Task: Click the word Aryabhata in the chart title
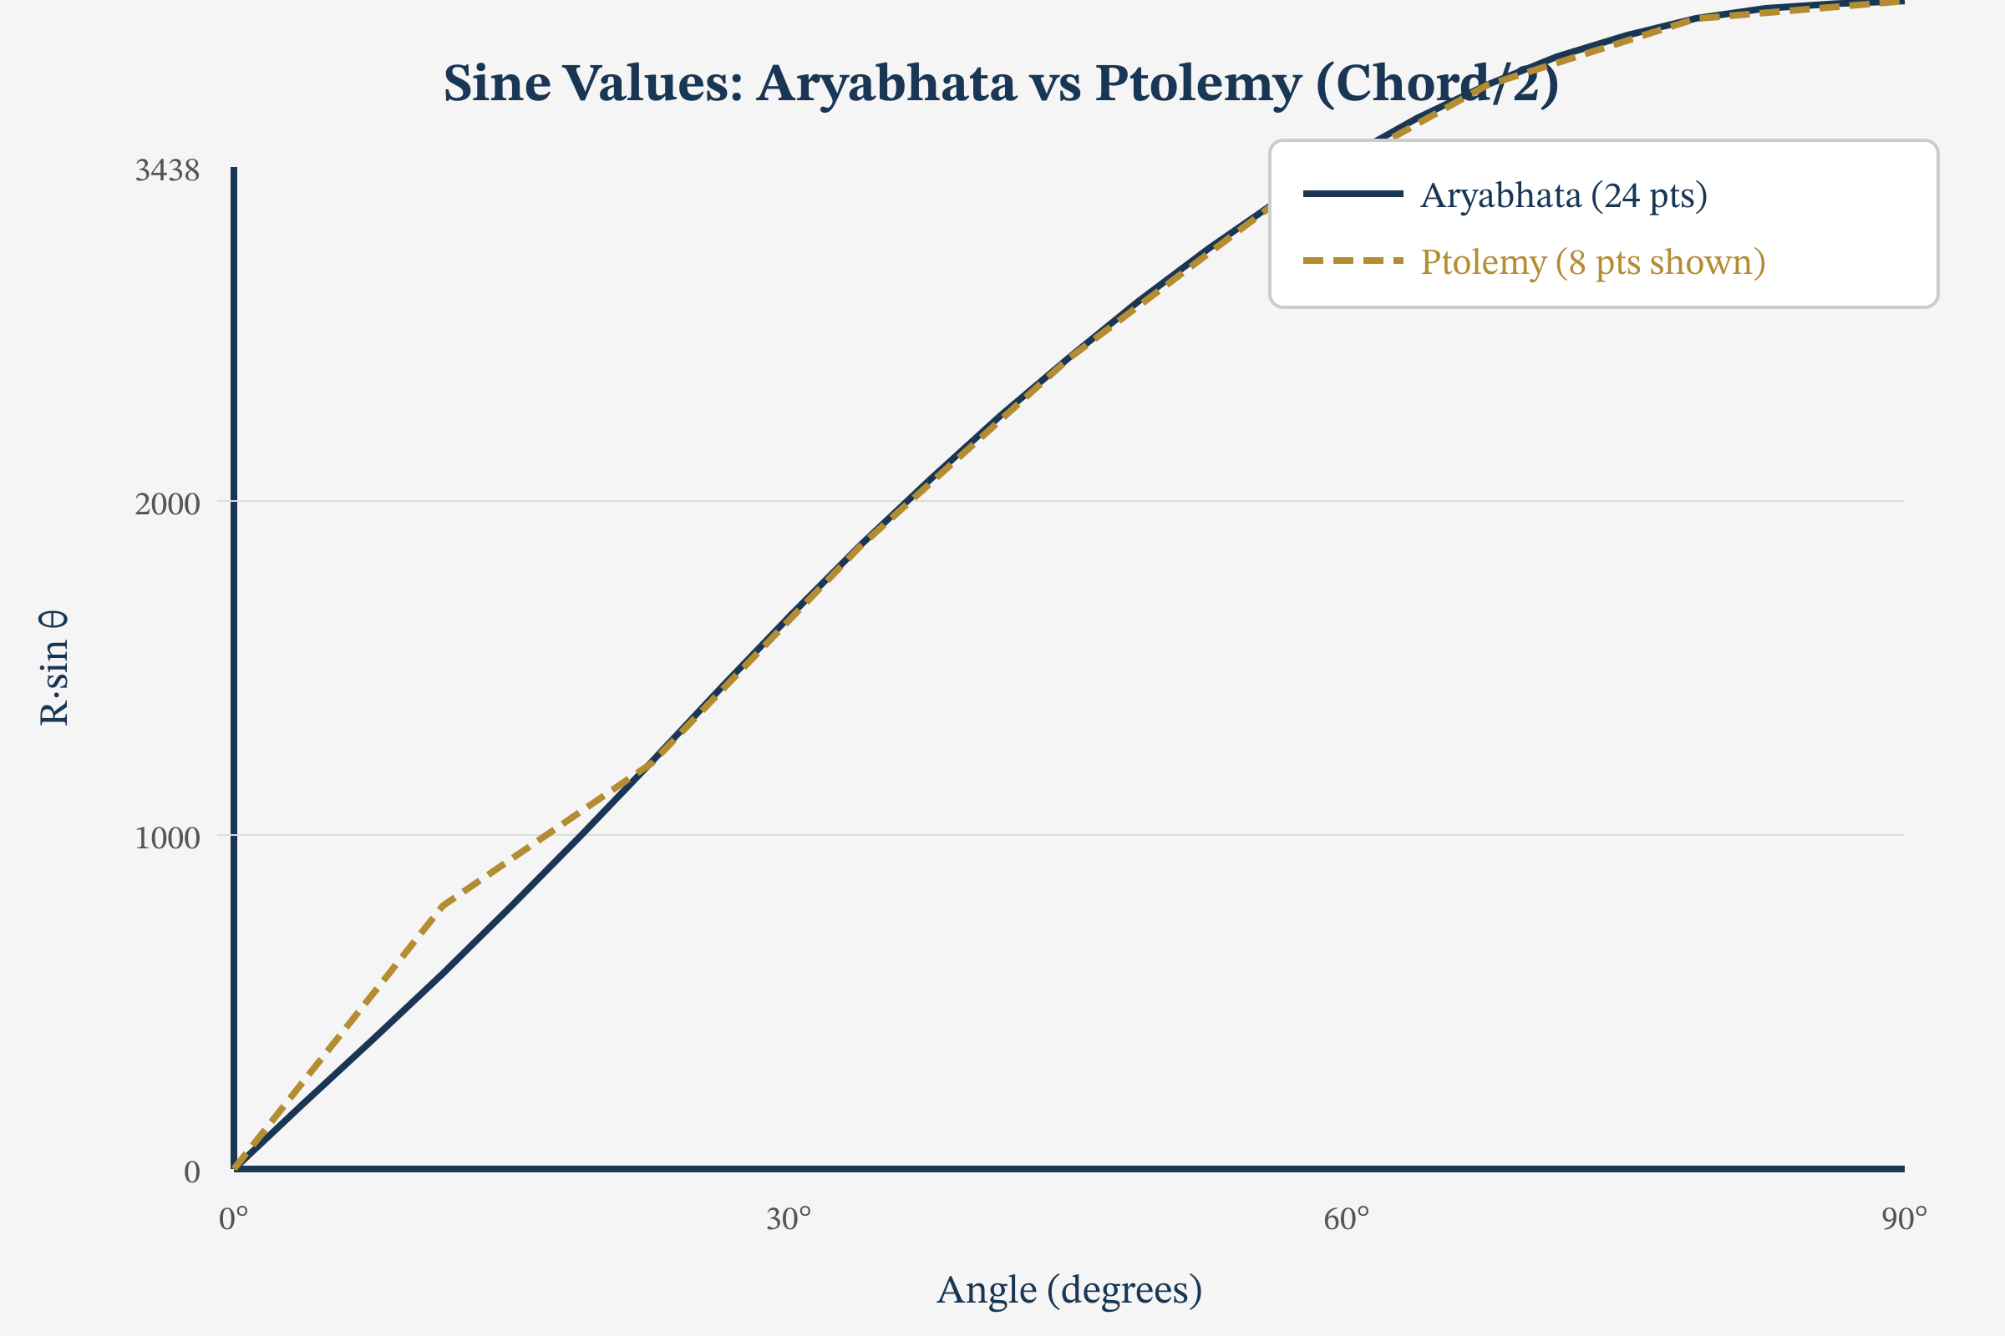(886, 83)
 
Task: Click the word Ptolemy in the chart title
(1198, 83)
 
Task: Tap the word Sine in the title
(496, 83)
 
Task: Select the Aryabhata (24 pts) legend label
(1563, 196)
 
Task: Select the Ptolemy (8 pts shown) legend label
(1592, 261)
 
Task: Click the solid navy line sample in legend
(1353, 195)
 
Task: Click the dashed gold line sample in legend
(1353, 261)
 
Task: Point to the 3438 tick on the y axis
(167, 170)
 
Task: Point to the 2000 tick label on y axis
(167, 504)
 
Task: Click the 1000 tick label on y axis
(167, 838)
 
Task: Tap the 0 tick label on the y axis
(192, 1172)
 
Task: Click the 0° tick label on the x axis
(234, 1219)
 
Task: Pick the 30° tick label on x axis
(789, 1219)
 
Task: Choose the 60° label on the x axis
(1346, 1219)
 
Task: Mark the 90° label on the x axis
(1904, 1219)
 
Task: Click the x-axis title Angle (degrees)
(1069, 1289)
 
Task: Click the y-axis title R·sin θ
(53, 668)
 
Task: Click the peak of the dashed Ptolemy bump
(442, 906)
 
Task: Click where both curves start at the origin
(236, 1167)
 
